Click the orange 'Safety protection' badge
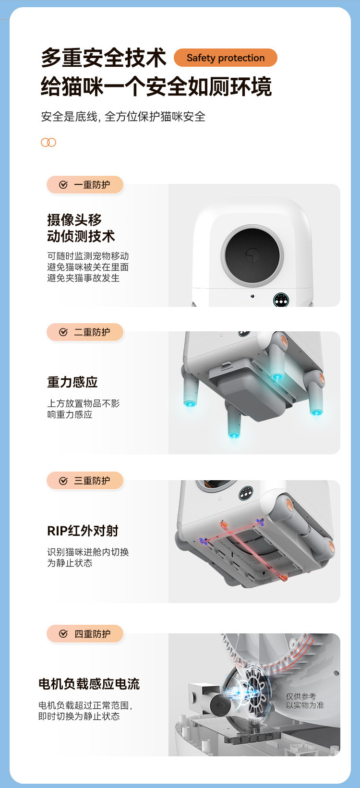click(225, 58)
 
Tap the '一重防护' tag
click(85, 185)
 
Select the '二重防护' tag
click(85, 332)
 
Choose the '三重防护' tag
click(85, 481)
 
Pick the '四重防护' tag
click(85, 633)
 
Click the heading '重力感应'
click(72, 382)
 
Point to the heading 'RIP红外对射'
click(83, 531)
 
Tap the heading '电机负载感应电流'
click(89, 684)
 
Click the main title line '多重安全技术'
click(103, 58)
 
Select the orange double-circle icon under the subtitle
click(48, 143)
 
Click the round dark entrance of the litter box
click(252, 255)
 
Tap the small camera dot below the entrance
click(252, 296)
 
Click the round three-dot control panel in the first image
click(281, 301)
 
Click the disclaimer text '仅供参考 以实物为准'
click(305, 701)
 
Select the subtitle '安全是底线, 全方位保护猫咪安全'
click(123, 116)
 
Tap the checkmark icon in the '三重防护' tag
click(63, 481)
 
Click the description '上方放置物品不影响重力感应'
click(84, 409)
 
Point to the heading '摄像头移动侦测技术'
click(81, 228)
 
